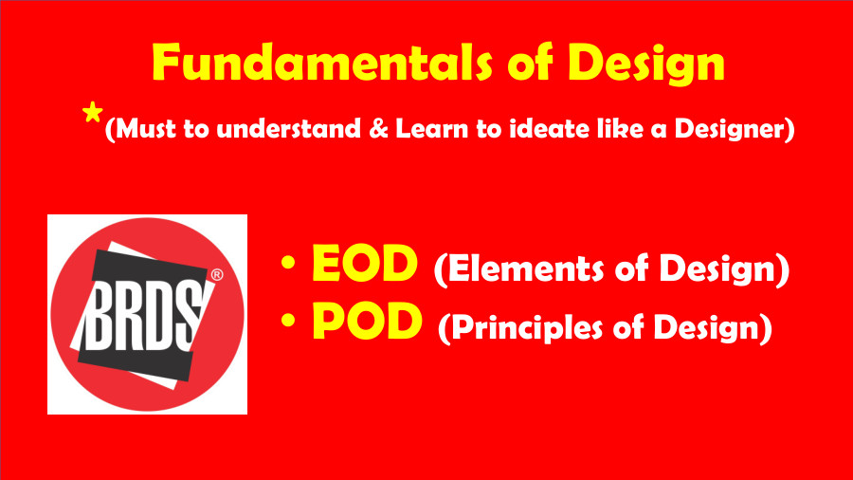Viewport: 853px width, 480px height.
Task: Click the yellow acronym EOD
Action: [x=365, y=268]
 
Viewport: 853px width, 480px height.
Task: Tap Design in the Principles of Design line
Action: [x=712, y=328]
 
